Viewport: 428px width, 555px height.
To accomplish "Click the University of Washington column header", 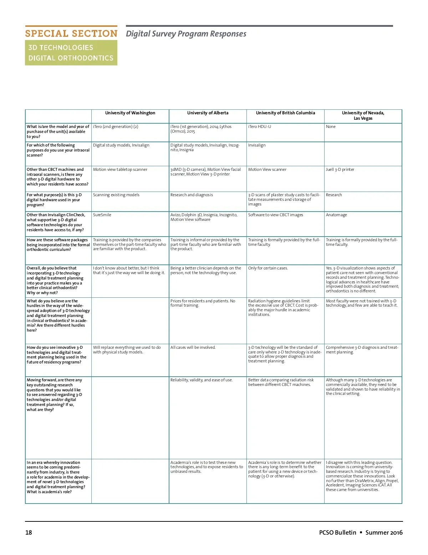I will coord(130,113).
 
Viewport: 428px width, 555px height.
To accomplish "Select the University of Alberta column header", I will coord(208,113).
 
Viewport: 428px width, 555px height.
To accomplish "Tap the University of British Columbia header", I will coord(285,113).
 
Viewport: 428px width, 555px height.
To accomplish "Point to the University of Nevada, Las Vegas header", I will coord(363,115).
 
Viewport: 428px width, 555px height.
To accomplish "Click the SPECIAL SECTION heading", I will coord(71,34).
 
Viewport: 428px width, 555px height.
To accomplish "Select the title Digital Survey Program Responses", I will coord(186,34).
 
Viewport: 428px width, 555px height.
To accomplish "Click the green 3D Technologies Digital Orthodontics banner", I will coord(71,53).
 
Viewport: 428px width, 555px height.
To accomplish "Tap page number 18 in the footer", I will coord(29,532).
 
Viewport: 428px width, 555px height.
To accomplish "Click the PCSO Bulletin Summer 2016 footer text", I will coord(361,532).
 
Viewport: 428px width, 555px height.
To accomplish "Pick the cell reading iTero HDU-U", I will coord(260,127).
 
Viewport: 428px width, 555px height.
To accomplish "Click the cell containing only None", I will coord(331,127).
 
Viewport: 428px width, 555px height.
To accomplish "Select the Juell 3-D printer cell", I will coord(340,170).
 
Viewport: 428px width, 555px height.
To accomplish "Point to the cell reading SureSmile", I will coord(102,215).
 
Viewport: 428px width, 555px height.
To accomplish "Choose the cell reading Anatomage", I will coord(336,215).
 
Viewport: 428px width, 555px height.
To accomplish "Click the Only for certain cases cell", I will coord(268,268).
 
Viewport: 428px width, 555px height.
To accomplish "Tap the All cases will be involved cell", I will coord(193,347).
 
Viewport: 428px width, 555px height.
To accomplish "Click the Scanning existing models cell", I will coord(116,195).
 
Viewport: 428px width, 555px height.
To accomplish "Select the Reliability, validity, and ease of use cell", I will coord(202,380).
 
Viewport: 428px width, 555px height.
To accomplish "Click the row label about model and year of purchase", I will coord(58,132).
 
